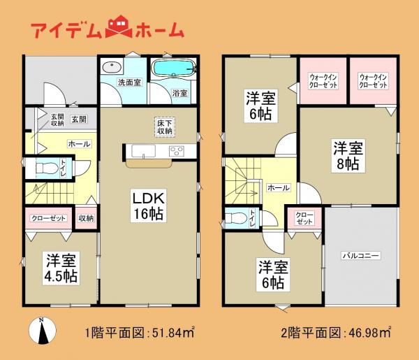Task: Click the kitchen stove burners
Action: tap(177, 150)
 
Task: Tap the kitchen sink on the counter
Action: tap(137, 150)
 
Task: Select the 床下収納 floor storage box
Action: tap(165, 126)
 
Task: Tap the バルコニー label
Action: tap(360, 257)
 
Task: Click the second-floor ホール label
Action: tap(279, 188)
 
